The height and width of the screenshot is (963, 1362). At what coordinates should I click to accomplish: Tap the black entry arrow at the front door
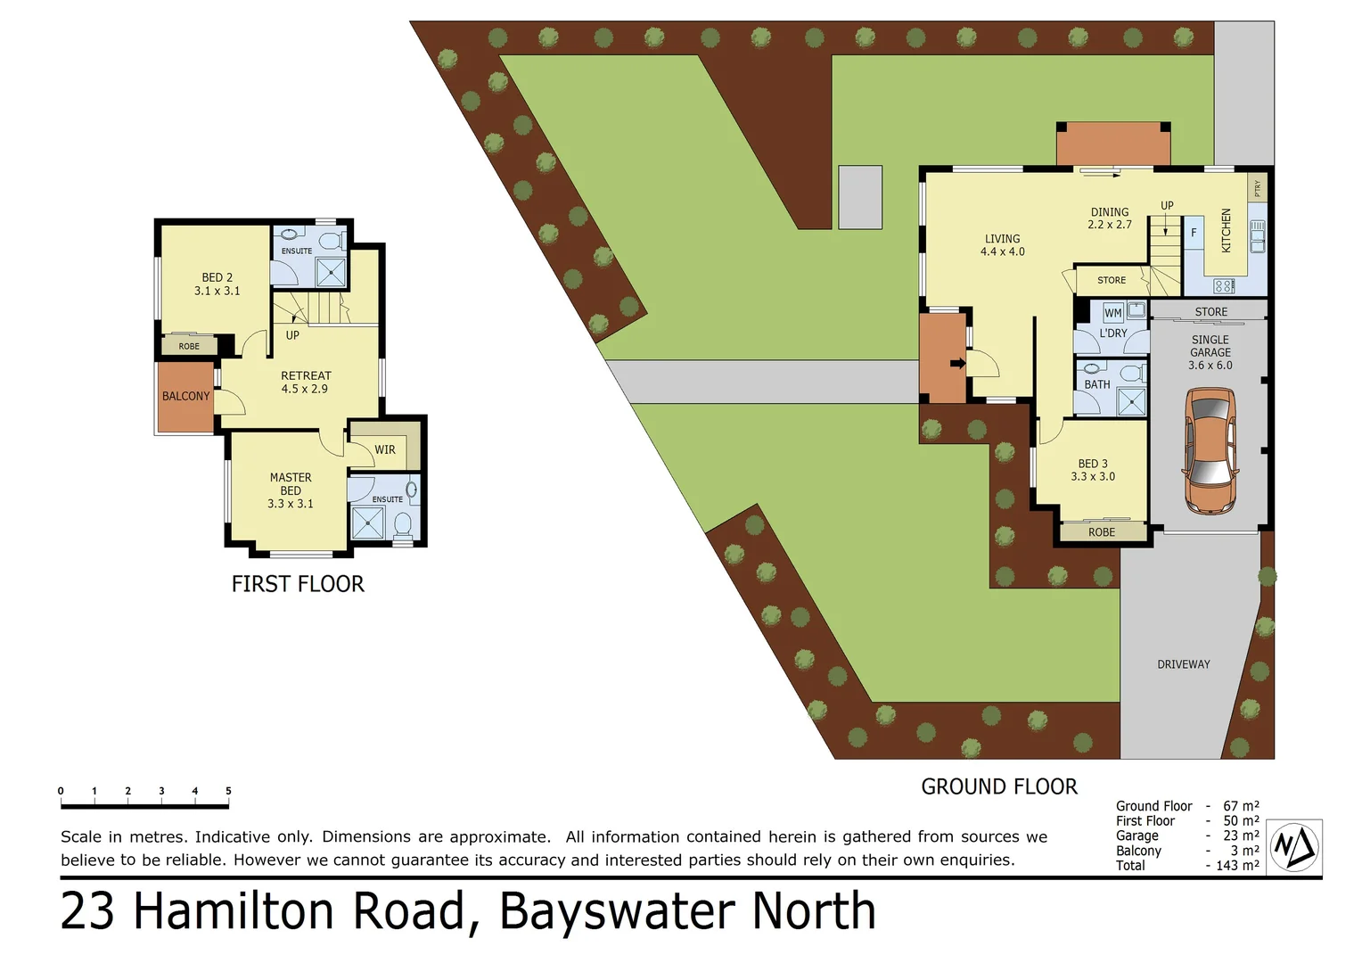click(x=957, y=364)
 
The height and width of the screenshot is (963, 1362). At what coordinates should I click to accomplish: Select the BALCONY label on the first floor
click(x=185, y=396)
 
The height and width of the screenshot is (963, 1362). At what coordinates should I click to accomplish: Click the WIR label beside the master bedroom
click(x=384, y=449)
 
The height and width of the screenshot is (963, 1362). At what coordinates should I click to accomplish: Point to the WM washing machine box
click(x=1112, y=313)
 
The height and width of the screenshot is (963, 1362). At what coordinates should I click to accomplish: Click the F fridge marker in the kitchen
click(x=1194, y=233)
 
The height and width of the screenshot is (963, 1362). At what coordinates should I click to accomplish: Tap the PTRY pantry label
click(x=1257, y=188)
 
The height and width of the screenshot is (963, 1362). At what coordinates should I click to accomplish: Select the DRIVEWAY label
click(x=1183, y=664)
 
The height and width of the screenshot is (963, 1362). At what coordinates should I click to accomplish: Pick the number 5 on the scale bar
click(x=228, y=791)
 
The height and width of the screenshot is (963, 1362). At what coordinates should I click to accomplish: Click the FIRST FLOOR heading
click(x=298, y=584)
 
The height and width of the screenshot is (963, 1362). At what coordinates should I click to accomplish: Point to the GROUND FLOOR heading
click(x=998, y=786)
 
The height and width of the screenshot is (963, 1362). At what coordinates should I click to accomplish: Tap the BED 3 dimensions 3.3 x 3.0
click(x=1093, y=476)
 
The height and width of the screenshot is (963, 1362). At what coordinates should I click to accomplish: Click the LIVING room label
click(x=1002, y=239)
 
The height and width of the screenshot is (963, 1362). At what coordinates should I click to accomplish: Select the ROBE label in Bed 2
click(x=189, y=346)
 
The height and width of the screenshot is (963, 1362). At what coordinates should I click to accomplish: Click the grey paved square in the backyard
click(x=859, y=197)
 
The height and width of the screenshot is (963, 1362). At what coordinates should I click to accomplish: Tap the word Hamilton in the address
click(x=299, y=911)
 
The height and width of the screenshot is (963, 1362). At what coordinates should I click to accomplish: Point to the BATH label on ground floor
click(x=1096, y=384)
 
